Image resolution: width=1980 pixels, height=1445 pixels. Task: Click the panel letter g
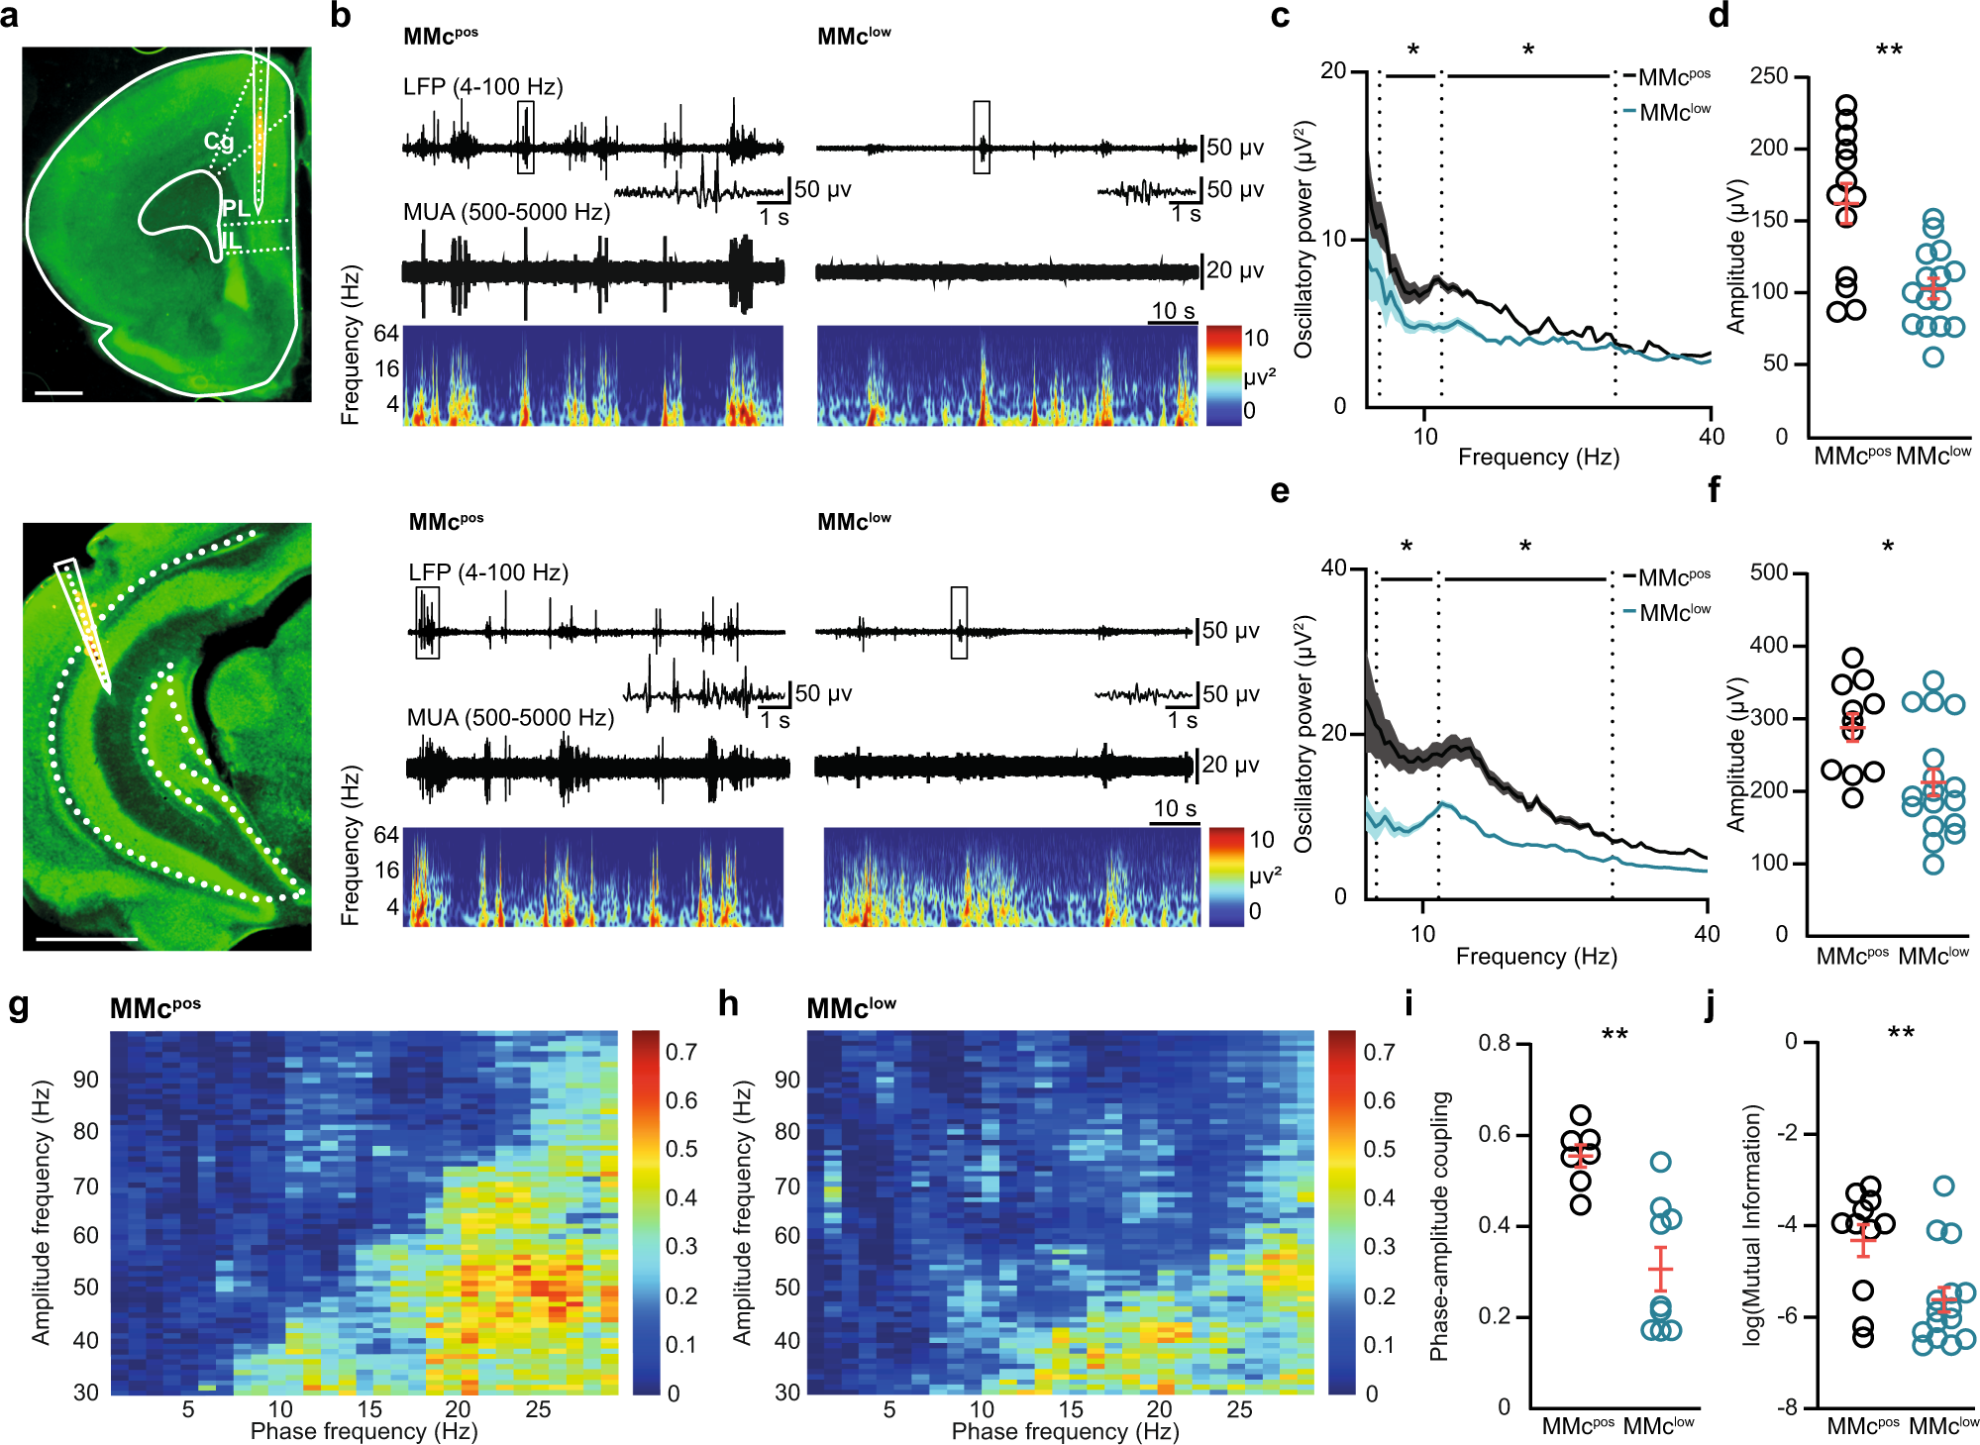tap(18, 1006)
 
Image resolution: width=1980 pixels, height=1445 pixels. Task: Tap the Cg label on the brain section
tap(219, 142)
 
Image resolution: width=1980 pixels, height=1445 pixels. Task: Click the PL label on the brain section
tap(236, 208)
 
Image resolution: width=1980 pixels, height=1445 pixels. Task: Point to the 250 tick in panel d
tap(1769, 76)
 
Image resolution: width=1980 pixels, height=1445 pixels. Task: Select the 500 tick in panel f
tap(1769, 572)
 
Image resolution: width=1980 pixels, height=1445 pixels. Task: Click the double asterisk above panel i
tap(1615, 1035)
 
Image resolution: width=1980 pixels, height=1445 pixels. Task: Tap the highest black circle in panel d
tap(1846, 104)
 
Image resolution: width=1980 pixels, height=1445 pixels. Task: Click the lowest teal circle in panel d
tap(1933, 356)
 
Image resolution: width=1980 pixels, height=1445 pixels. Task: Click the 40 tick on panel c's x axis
tap(1711, 437)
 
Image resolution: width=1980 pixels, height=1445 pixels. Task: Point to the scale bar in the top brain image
tap(58, 393)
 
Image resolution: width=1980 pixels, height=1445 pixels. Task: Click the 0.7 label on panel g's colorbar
tap(681, 1052)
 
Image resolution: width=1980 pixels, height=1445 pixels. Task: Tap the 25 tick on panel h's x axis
tap(1239, 1409)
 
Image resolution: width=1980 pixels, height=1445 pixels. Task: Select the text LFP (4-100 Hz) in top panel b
tap(482, 87)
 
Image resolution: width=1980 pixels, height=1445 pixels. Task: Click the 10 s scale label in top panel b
tap(1173, 311)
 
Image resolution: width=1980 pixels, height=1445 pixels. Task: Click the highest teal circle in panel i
tap(1661, 1162)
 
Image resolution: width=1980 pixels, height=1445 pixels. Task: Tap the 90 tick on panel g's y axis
tap(86, 1079)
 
